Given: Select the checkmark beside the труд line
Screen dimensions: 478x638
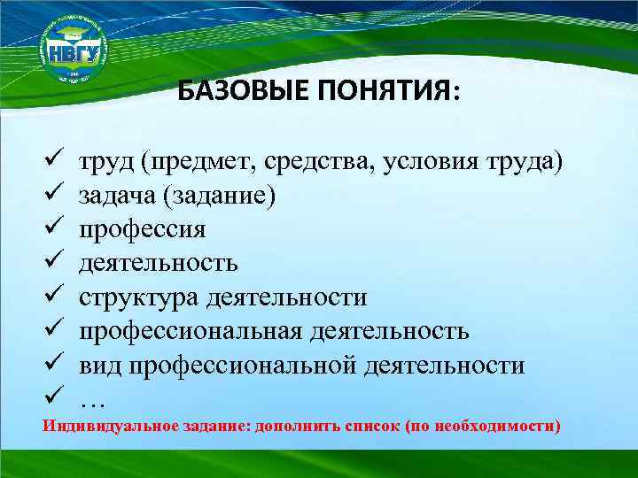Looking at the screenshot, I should (51, 162).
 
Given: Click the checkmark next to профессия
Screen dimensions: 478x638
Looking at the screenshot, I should (51, 229).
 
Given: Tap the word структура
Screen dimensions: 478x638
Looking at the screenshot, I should (139, 297).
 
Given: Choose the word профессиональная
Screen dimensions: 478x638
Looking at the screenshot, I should (191, 332).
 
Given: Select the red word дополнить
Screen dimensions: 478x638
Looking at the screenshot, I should (295, 426).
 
